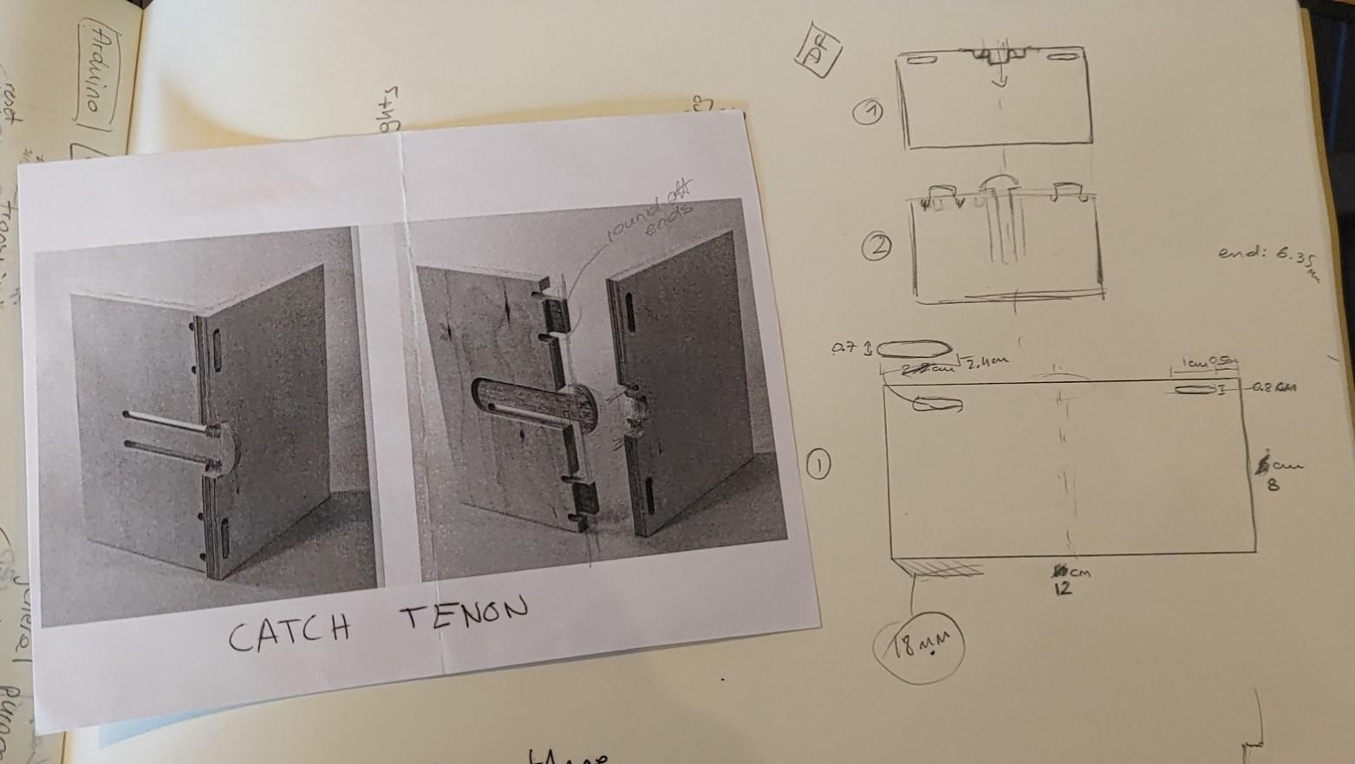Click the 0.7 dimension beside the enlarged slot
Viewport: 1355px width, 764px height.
[x=844, y=348]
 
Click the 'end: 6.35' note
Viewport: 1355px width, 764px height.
[x=1266, y=256]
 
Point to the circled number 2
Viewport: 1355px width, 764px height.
[x=876, y=248]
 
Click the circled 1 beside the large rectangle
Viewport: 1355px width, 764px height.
[x=818, y=465]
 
